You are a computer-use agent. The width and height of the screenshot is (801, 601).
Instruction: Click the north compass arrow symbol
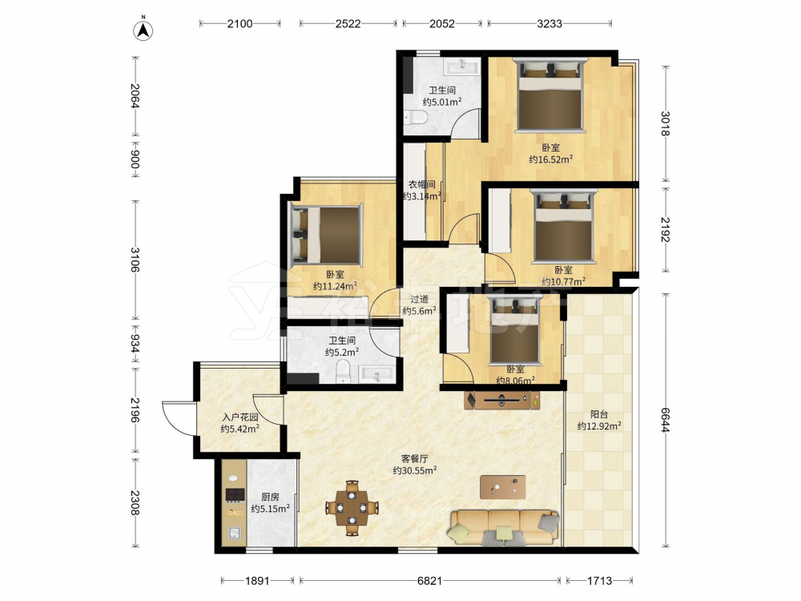(143, 30)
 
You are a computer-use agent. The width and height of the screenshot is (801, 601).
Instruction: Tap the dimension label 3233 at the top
(549, 23)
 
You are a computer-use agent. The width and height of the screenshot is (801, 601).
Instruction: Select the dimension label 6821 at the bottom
(429, 580)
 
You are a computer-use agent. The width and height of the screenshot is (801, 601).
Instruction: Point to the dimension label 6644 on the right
(665, 420)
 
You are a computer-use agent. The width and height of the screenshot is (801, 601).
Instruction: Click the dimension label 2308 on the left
(135, 503)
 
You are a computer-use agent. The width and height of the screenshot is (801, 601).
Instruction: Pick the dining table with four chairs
(352, 508)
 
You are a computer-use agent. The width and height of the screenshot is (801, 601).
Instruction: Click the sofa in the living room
(504, 526)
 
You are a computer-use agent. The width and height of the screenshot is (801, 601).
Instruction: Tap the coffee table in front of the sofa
(503, 487)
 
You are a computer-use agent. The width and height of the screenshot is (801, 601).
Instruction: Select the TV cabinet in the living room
(501, 400)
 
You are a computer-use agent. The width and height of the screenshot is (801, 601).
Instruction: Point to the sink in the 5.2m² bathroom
(377, 374)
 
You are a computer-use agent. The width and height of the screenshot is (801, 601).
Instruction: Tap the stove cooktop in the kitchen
(235, 494)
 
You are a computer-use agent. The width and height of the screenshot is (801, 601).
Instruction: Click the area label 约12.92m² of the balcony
(599, 426)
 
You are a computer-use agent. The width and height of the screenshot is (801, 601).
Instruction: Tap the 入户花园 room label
(240, 417)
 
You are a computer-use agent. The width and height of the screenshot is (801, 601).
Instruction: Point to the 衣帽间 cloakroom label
(421, 184)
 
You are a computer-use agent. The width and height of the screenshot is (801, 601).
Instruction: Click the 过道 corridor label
(419, 300)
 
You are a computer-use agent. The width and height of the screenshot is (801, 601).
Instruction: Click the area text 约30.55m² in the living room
(414, 470)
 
